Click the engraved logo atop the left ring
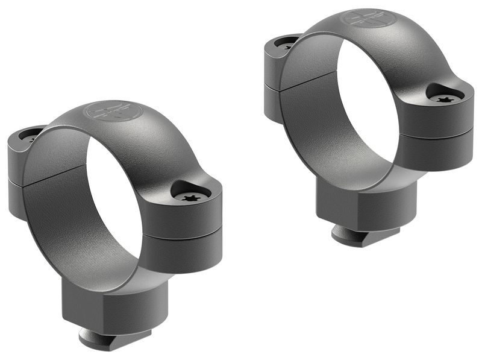coord(114,112)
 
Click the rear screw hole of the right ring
coord(285,43)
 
